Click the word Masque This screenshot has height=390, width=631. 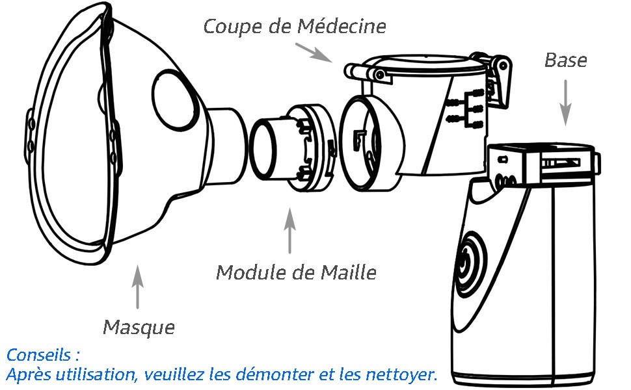139,326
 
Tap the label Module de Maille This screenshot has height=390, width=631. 296,272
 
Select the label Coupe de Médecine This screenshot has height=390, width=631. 295,27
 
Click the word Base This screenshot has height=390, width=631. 565,60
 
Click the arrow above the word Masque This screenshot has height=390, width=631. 137,285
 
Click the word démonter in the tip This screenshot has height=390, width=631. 296,374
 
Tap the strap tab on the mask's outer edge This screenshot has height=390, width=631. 31,123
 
